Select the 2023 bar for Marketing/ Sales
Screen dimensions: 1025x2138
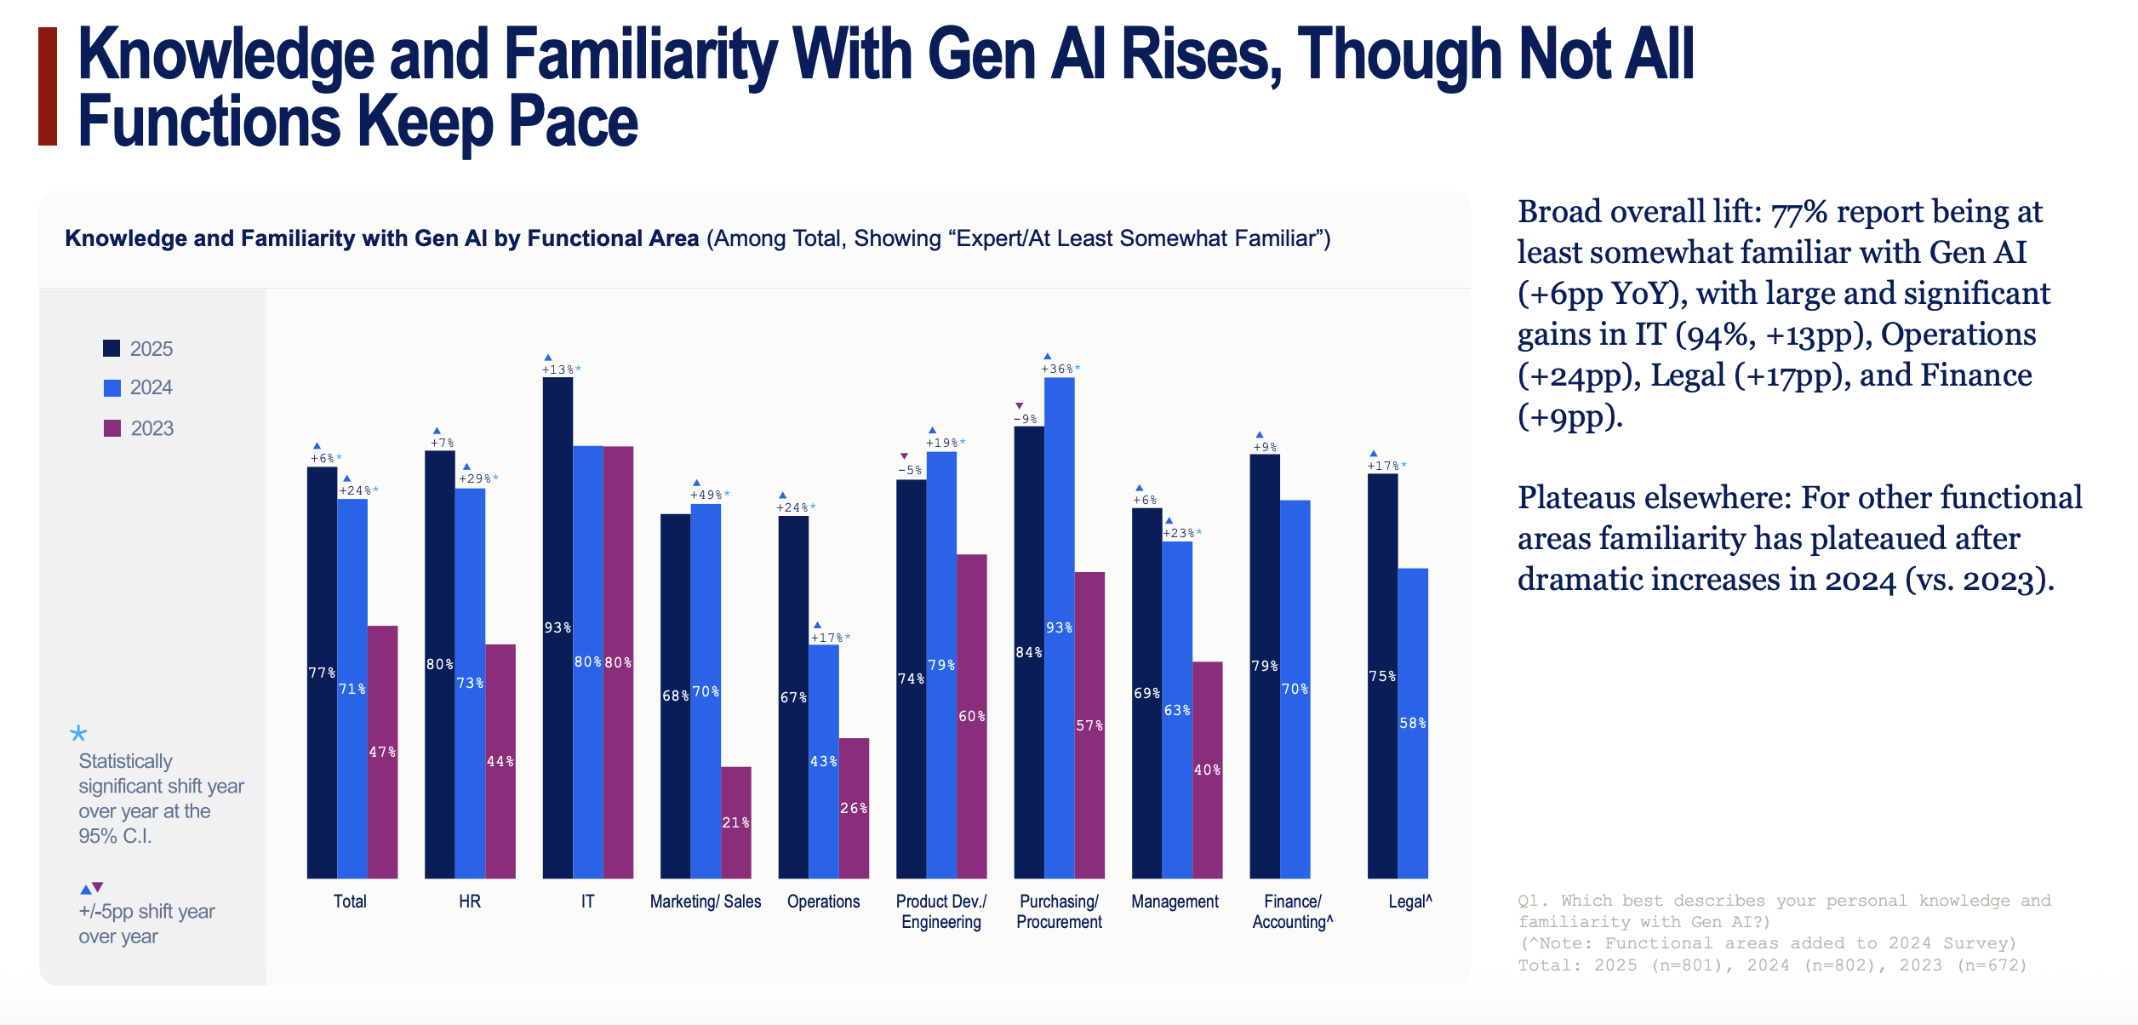coord(736,822)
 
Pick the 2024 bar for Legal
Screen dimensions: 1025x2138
coord(1413,723)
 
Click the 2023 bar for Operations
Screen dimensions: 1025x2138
coord(854,808)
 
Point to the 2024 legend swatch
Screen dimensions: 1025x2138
coord(112,388)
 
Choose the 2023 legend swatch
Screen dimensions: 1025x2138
coord(112,428)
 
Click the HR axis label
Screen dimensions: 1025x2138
coord(470,902)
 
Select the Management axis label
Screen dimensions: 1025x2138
coord(1175,902)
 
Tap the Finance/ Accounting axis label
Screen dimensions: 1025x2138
coord(1292,912)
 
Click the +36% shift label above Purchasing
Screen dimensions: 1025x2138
coord(1058,369)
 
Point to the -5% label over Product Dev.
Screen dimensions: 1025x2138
coord(910,470)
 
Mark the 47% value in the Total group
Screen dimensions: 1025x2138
coord(382,752)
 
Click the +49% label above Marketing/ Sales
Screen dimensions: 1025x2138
coord(706,495)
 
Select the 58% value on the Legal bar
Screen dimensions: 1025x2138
coord(1413,723)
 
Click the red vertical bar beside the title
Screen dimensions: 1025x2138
coord(48,86)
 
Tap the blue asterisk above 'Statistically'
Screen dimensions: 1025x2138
coord(78,733)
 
